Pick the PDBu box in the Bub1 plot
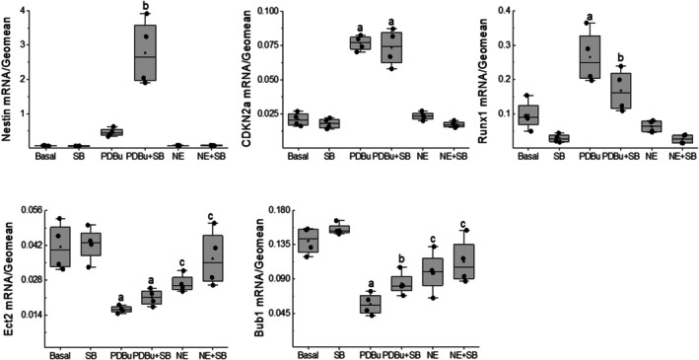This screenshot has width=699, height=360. (370, 304)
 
